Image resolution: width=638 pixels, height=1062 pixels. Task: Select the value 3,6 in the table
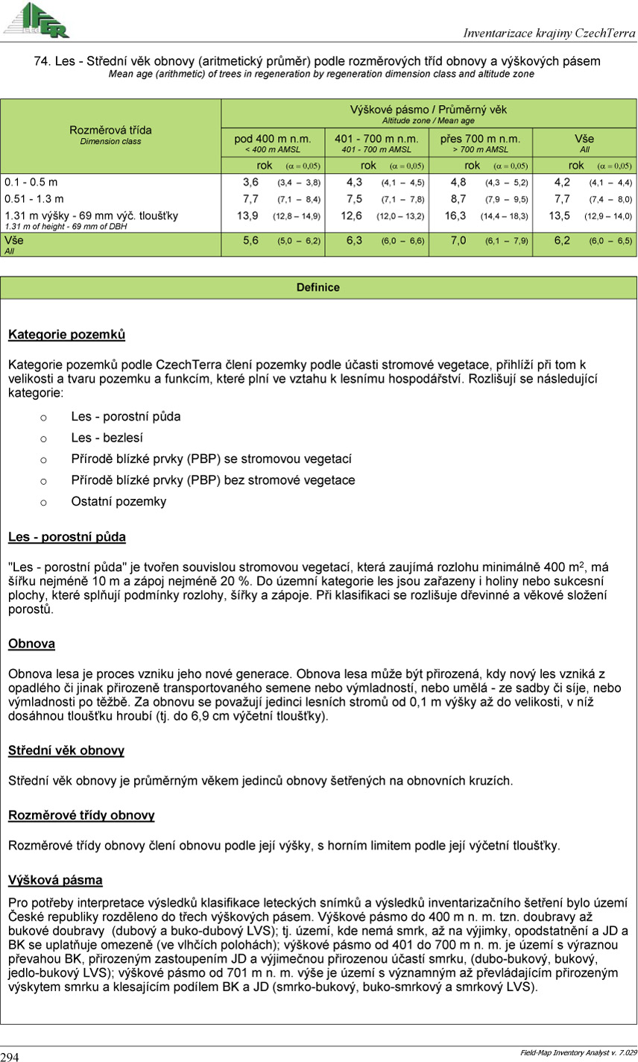[250, 182]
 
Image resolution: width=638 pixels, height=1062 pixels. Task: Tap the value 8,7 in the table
[458, 199]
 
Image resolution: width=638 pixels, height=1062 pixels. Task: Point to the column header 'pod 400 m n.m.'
[273, 139]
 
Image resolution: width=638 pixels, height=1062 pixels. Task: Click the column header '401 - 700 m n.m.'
[376, 139]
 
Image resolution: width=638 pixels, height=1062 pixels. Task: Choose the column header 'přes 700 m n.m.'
[480, 139]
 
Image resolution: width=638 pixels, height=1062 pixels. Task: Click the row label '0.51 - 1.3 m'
[34, 199]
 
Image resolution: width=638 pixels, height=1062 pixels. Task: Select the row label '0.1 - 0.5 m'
[31, 182]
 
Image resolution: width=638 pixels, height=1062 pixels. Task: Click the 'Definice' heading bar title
[318, 287]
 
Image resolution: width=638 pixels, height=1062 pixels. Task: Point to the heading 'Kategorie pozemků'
[66, 335]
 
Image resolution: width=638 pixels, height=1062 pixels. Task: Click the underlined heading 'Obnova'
[31, 644]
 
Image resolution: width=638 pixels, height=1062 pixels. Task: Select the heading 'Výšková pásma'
[55, 880]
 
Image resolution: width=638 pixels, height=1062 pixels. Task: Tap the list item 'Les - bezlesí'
[107, 439]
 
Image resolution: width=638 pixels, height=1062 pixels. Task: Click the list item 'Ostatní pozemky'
[119, 501]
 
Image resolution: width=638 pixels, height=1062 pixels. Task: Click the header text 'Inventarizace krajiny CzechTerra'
[549, 33]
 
